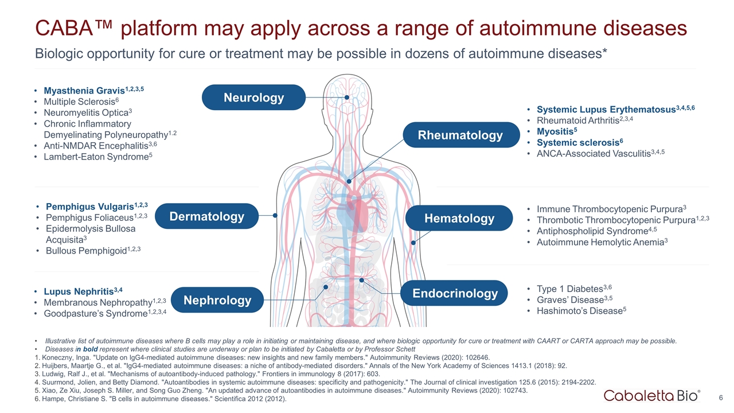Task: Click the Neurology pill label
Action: tap(253, 98)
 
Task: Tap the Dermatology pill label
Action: tap(206, 216)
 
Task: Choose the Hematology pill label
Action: tap(459, 218)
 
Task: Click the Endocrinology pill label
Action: tap(456, 294)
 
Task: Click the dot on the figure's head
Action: tap(347, 98)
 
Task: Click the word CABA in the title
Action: tap(60, 28)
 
